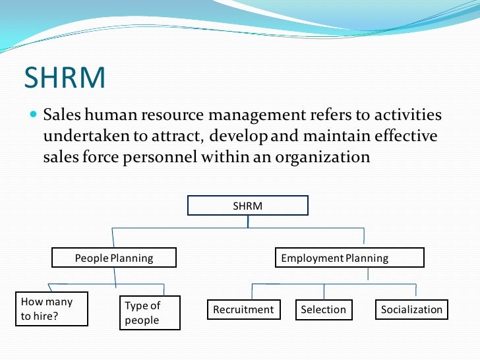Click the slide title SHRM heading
65,78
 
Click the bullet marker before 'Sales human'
34,115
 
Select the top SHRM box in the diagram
248,206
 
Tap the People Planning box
114,258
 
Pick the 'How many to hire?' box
52,309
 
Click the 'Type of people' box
142,313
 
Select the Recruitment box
243,309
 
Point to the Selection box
323,309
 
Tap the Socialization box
411,309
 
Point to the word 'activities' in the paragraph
404,115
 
